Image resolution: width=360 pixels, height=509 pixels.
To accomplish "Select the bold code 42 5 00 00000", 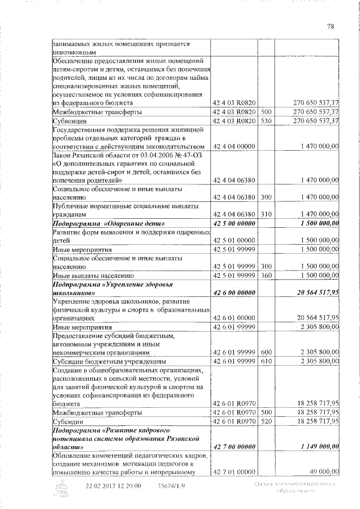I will tap(235, 225).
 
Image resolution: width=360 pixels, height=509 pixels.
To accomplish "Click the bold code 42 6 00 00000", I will tap(235, 293).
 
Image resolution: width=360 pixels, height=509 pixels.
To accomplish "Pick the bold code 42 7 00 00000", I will tap(235, 447).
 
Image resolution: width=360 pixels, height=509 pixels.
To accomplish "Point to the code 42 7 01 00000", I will tap(235, 472).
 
